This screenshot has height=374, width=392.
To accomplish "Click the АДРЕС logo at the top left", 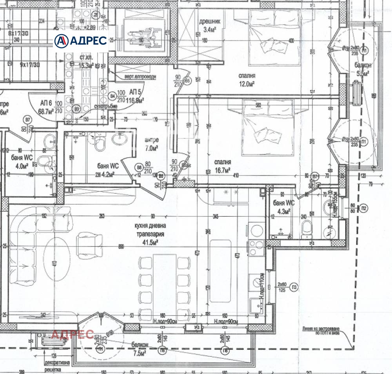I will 81,40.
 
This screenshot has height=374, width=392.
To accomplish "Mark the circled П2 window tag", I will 364,208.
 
